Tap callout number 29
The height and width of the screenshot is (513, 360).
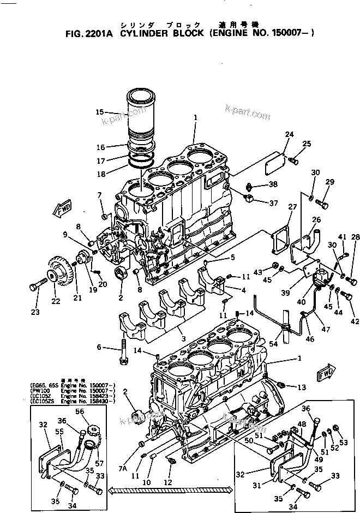329,182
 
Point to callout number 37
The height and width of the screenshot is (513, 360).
273,203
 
